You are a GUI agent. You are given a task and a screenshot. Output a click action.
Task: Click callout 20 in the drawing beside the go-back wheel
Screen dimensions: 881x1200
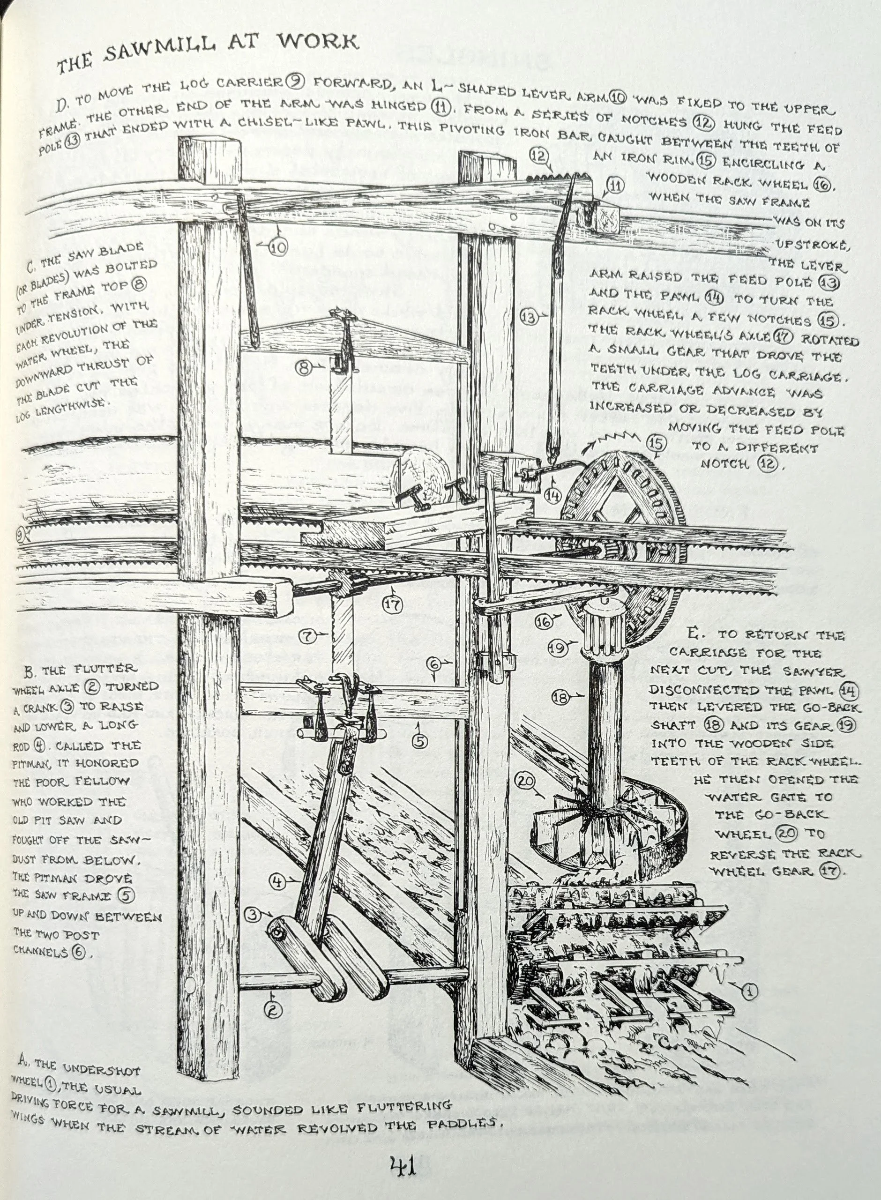(525, 782)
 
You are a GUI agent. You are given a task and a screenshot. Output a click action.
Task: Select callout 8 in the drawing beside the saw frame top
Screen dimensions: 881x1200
(304, 367)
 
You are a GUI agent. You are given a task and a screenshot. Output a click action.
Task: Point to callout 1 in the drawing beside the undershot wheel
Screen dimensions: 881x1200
(750, 991)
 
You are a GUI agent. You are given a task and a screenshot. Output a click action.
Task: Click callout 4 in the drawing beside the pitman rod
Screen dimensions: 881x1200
(277, 882)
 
